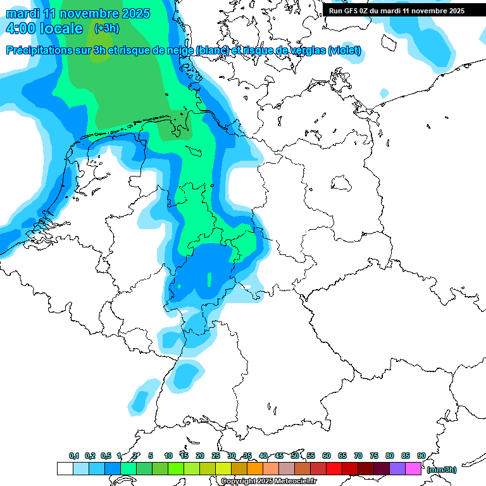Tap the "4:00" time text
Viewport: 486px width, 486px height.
point(20,29)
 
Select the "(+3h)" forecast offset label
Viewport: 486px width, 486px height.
point(107,28)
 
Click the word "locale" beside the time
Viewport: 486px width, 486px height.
point(61,29)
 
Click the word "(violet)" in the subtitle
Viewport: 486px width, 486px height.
point(344,51)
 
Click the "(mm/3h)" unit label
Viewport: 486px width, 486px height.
point(441,470)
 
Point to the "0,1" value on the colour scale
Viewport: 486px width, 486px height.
point(73,456)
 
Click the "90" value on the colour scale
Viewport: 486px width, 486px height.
point(421,456)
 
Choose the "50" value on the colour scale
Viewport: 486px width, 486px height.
point(295,456)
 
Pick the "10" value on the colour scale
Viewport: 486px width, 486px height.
point(168,456)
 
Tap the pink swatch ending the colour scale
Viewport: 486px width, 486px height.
point(413,468)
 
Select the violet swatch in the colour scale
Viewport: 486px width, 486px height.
point(397,468)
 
